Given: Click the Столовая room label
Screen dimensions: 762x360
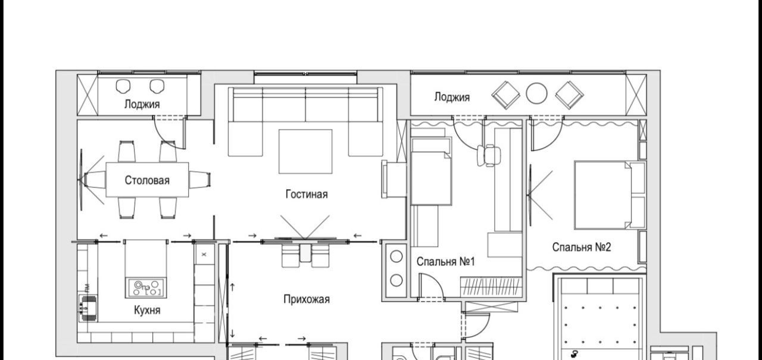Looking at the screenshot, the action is [147, 180].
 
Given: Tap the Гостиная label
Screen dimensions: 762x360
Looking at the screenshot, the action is [307, 194].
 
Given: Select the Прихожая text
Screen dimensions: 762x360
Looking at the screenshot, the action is [307, 299].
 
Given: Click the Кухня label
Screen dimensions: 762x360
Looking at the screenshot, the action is [147, 310].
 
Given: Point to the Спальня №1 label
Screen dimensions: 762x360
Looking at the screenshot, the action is [445, 262].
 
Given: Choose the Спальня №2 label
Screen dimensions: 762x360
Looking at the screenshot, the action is [582, 247].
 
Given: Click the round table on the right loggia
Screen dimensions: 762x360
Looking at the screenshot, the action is [536, 93].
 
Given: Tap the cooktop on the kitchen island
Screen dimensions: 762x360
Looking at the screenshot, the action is [146, 287].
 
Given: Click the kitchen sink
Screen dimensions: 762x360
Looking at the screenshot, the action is [88, 308].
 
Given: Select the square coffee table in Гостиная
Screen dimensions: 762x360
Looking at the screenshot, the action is [305, 151].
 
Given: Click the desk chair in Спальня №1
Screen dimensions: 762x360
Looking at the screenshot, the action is [489, 155].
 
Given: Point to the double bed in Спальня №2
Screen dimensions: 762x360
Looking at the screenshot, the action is [610, 195].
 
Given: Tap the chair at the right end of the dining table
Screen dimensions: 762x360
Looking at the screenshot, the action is [199, 180].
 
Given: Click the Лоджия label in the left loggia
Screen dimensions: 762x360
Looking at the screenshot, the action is [142, 104].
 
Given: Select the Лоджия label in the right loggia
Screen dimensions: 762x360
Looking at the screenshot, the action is [452, 97].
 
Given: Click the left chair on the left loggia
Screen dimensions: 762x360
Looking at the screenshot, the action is [123, 86].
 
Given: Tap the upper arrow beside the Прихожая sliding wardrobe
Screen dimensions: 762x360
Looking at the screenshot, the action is [232, 287].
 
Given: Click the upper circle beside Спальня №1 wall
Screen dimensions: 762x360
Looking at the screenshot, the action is [396, 256].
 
